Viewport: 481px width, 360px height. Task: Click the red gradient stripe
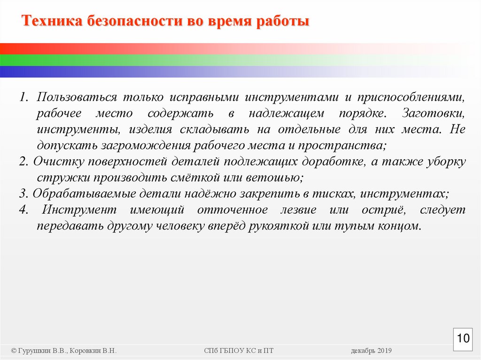pyautogui.click(x=141, y=49)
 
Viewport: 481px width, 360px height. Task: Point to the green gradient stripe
pyautogui.click(x=141, y=60)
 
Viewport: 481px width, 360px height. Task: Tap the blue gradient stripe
pyautogui.click(x=141, y=71)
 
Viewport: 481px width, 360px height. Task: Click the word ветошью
pyautogui.click(x=278, y=178)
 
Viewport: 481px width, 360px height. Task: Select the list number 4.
pyautogui.click(x=23, y=210)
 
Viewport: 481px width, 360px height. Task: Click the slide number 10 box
pyautogui.click(x=463, y=338)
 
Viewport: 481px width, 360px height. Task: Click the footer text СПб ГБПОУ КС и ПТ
pyautogui.click(x=239, y=351)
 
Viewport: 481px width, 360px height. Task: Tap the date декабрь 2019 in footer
pyautogui.click(x=371, y=351)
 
